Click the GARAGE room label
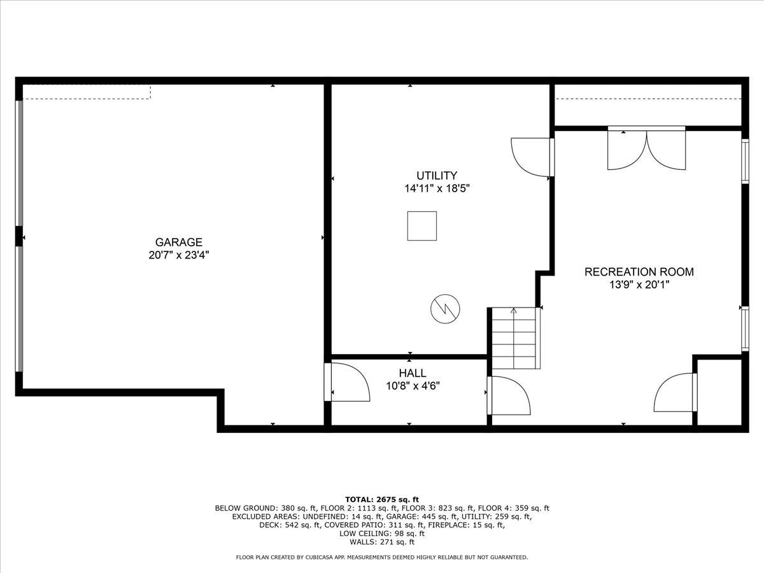pos(178,242)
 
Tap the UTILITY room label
pos(437,175)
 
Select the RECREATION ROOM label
pos(639,272)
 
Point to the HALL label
pos(413,373)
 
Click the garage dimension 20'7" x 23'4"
pos(178,255)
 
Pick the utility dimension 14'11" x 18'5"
pos(437,188)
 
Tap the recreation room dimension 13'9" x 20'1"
pos(639,285)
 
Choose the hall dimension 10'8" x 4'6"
pos(413,386)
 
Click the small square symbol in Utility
pos(422,226)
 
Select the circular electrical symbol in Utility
pos(445,309)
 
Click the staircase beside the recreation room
pos(514,338)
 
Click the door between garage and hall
pos(347,382)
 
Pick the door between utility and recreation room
pos(532,157)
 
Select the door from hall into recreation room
pos(509,395)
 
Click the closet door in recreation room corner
pos(676,392)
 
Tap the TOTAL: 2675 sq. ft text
pos(382,500)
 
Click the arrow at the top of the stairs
pos(514,311)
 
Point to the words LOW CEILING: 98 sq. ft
pos(382,534)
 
